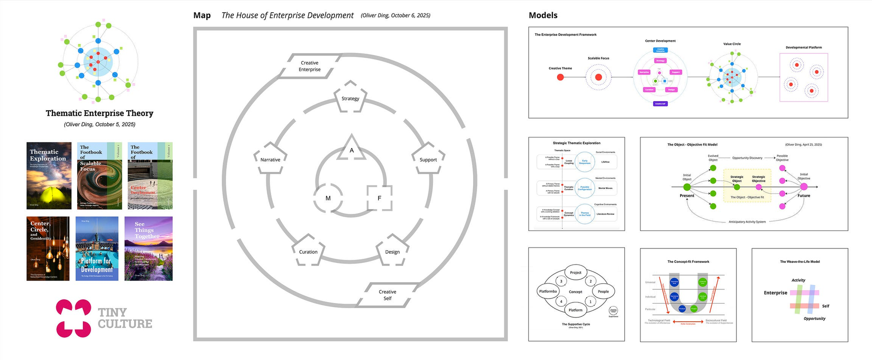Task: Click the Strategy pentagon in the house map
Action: [x=350, y=97]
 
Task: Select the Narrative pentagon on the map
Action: [x=270, y=158]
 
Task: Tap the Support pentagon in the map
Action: [x=428, y=158]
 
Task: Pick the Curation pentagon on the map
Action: [x=308, y=251]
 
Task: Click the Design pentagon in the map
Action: [x=392, y=251]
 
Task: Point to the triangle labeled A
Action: [x=351, y=149]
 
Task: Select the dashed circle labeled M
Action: [x=328, y=198]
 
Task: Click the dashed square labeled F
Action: [x=379, y=198]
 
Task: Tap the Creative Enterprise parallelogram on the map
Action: [x=310, y=66]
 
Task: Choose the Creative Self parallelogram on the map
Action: [x=387, y=295]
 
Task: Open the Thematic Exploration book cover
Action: [x=49, y=176]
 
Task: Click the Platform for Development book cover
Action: [x=97, y=248]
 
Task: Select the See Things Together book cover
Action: [x=148, y=248]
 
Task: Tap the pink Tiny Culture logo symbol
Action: [x=73, y=318]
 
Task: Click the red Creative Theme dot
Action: [x=560, y=77]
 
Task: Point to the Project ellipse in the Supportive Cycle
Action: [x=576, y=273]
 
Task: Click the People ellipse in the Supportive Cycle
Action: [x=603, y=292]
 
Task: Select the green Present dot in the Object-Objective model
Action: [x=687, y=187]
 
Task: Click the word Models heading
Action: [x=543, y=15]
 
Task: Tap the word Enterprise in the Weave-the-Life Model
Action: [x=775, y=293]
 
